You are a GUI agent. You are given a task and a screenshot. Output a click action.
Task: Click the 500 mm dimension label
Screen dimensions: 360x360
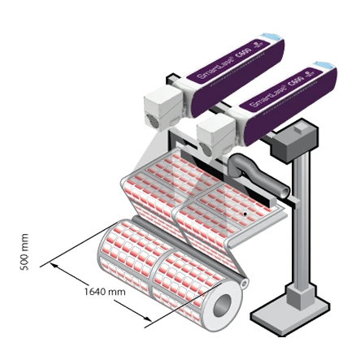(x=24, y=253)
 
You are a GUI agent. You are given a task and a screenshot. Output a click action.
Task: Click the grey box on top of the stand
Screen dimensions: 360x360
(x=293, y=144)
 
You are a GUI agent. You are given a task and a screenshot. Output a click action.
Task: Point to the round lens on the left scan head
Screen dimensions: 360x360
(x=150, y=120)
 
